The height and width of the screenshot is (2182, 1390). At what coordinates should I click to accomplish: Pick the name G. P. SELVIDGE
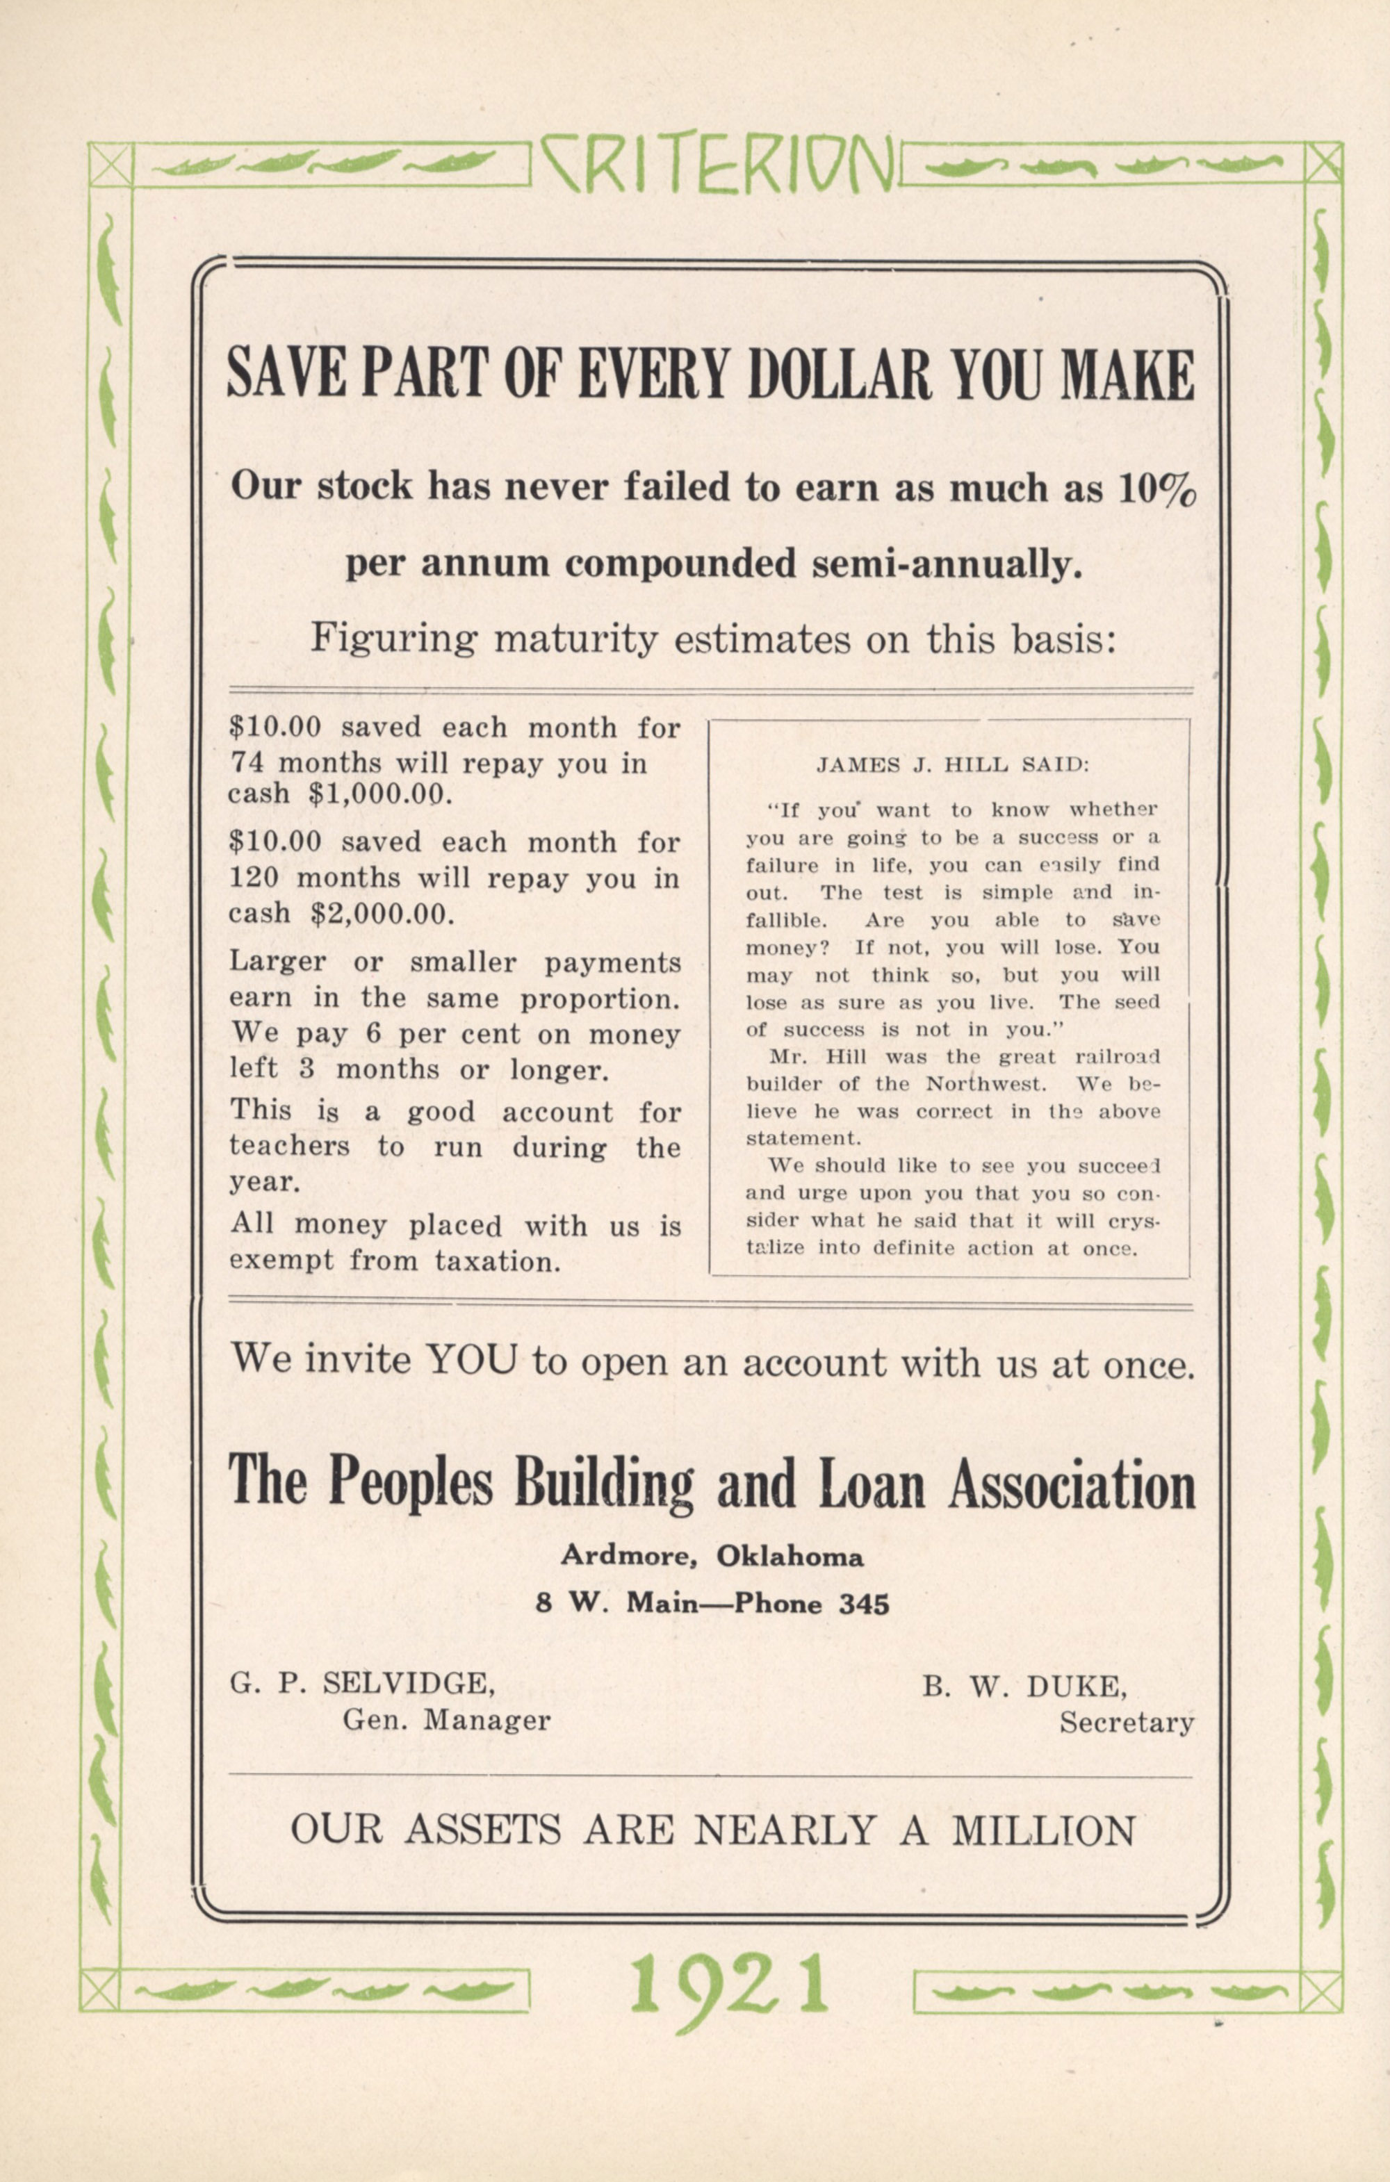[363, 1684]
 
